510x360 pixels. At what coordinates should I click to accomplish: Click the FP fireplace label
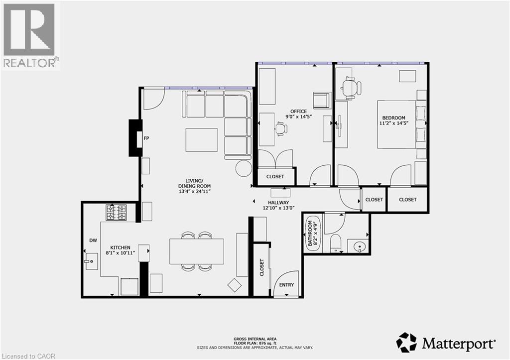147,139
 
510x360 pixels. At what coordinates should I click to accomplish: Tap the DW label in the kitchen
93,240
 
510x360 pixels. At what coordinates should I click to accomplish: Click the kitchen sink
91,261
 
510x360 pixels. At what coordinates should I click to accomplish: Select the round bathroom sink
359,245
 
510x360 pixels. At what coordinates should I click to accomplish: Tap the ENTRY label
286,285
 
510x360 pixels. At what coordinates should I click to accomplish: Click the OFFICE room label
299,111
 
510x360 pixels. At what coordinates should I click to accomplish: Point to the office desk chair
281,129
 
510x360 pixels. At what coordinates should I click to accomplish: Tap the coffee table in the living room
202,139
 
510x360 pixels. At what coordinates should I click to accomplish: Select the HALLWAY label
278,203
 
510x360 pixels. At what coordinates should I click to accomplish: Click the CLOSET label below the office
275,176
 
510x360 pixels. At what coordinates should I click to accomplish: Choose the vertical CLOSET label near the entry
261,267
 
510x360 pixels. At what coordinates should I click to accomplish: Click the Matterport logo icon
406,342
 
